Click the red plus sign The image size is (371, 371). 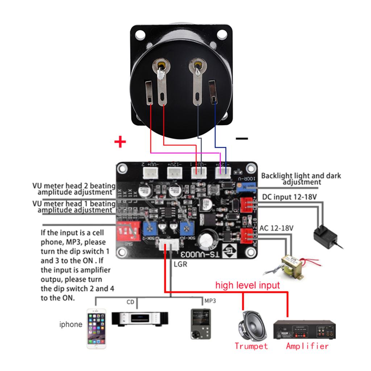pyautogui.click(x=120, y=142)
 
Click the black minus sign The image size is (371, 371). pyautogui.click(x=242, y=138)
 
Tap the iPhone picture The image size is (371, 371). pyautogui.click(x=96, y=328)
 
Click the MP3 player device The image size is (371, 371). pyautogui.click(x=200, y=324)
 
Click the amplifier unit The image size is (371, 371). pyautogui.click(x=304, y=329)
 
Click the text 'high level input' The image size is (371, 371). pyautogui.click(x=247, y=285)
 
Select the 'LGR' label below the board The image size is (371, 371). pyautogui.click(x=180, y=264)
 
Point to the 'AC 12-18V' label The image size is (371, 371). pyautogui.click(x=276, y=228)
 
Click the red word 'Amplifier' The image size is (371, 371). pyautogui.click(x=307, y=346)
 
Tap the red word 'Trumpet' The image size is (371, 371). pyautogui.click(x=251, y=346)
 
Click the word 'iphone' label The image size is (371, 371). pyautogui.click(x=71, y=324)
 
